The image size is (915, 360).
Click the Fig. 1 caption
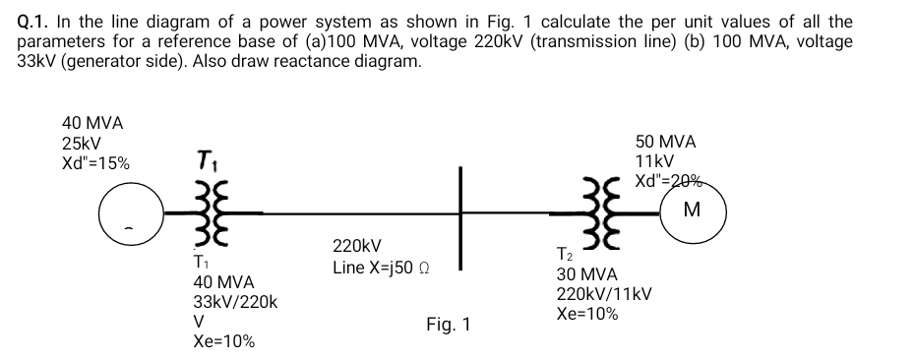449,324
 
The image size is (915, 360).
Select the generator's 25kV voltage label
82,143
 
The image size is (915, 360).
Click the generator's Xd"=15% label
95,162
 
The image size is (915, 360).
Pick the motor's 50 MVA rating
666,142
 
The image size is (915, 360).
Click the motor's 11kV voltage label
654,161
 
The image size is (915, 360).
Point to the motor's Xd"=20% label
669,180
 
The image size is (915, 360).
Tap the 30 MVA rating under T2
587,274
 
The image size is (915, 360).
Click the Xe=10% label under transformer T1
223,341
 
